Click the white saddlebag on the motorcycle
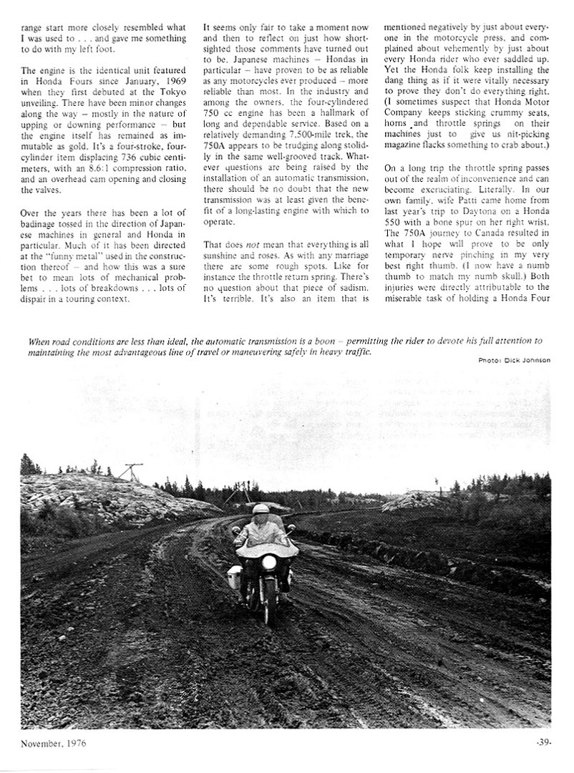click(235, 575)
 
